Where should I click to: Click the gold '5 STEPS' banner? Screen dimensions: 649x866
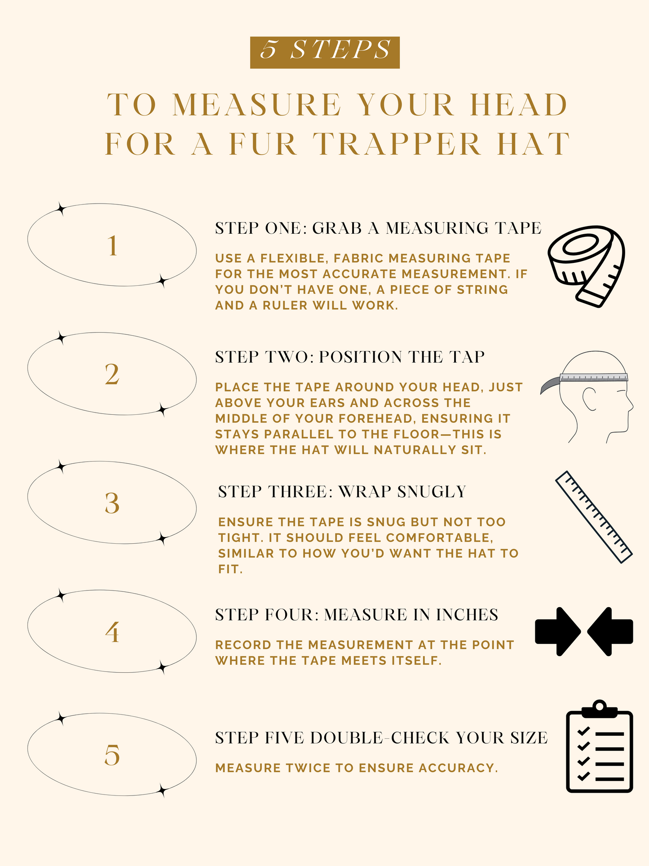(325, 52)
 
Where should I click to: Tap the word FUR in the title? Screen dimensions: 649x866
(263, 145)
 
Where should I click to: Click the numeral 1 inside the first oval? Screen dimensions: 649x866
(113, 246)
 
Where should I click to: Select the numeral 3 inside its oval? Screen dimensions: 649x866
(112, 503)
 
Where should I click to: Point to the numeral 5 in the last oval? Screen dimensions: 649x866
(112, 755)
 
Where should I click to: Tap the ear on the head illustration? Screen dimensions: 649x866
(590, 399)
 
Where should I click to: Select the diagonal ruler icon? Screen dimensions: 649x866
(594, 517)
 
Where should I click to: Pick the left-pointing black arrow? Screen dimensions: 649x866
(610, 631)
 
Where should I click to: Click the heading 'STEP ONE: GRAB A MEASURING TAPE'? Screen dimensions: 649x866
(378, 228)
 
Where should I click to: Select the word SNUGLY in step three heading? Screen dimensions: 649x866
(432, 492)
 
